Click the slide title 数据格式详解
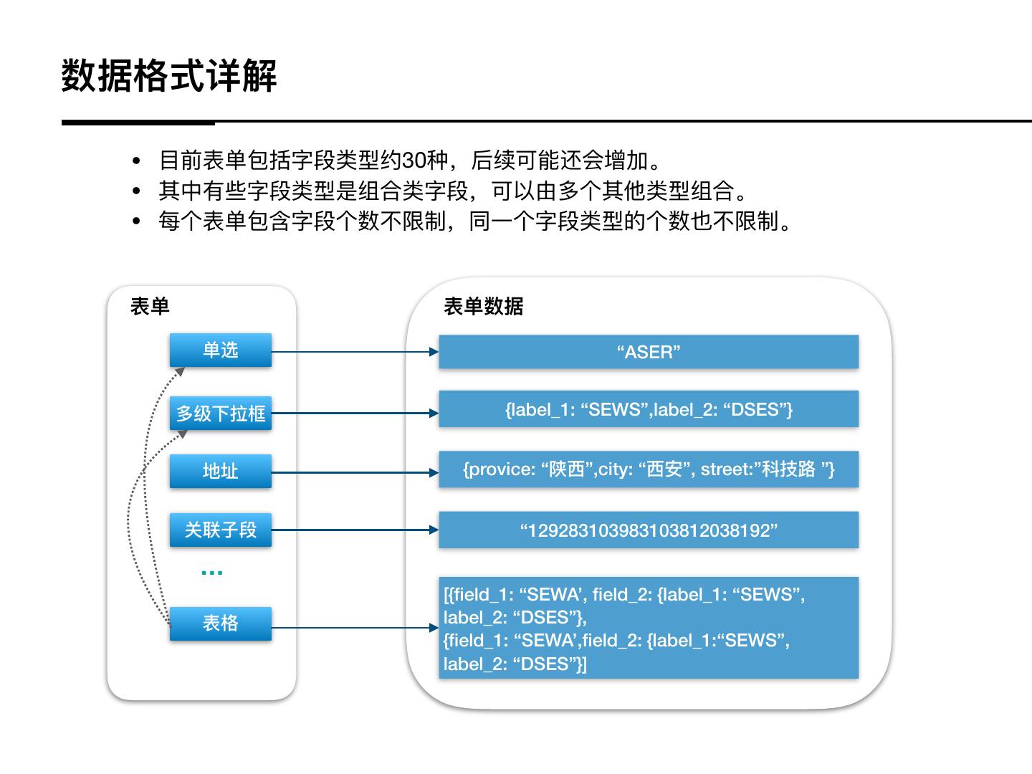click(x=169, y=75)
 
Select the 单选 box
click(x=221, y=350)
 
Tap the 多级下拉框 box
click(x=221, y=414)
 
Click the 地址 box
click(x=221, y=472)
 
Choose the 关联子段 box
click(x=221, y=530)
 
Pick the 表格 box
click(x=221, y=623)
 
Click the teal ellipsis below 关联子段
click(x=212, y=573)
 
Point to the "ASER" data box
click(x=649, y=352)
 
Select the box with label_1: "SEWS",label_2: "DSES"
click(x=649, y=409)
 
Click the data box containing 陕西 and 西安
click(x=649, y=469)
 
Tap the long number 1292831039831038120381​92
click(x=649, y=530)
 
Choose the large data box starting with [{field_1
click(x=649, y=629)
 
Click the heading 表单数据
click(x=483, y=307)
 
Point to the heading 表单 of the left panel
click(x=150, y=307)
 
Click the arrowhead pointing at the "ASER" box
click(x=434, y=352)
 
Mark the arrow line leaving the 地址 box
click(x=351, y=472)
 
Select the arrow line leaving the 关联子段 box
click(x=351, y=530)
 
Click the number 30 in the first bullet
click(x=415, y=160)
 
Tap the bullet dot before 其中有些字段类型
click(x=137, y=191)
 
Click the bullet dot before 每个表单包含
click(x=137, y=222)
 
